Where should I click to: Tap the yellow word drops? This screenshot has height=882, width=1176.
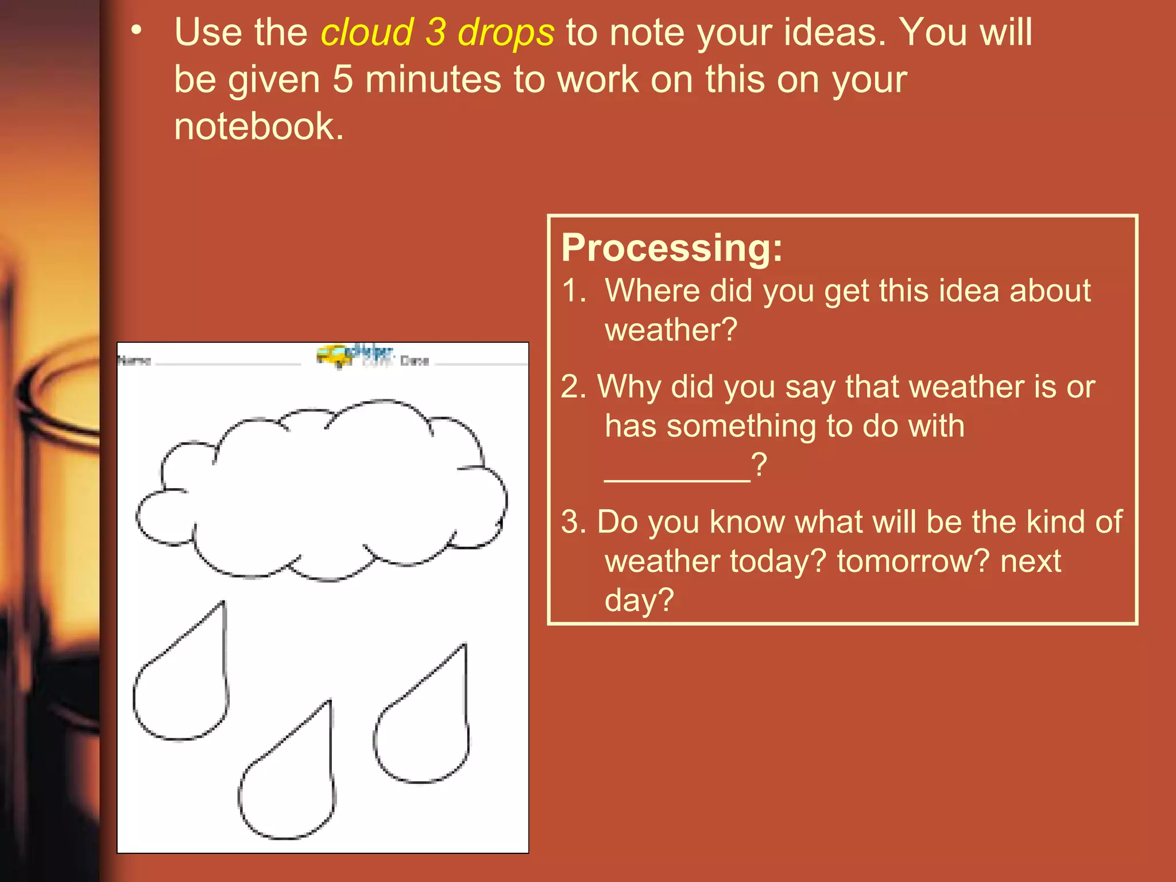506,33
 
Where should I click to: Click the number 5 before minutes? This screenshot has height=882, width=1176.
343,79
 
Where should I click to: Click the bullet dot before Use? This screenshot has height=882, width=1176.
136,31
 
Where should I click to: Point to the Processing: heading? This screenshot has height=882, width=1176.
672,248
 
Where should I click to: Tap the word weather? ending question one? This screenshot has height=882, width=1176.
671,330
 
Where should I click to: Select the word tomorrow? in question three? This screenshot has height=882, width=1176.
913,561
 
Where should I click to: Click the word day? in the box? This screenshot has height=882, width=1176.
639,601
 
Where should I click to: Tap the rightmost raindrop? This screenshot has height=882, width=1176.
425,729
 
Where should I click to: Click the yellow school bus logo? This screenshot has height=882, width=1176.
334,355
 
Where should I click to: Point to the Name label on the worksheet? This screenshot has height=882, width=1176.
134,361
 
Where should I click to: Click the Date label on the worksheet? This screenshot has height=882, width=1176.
415,361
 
